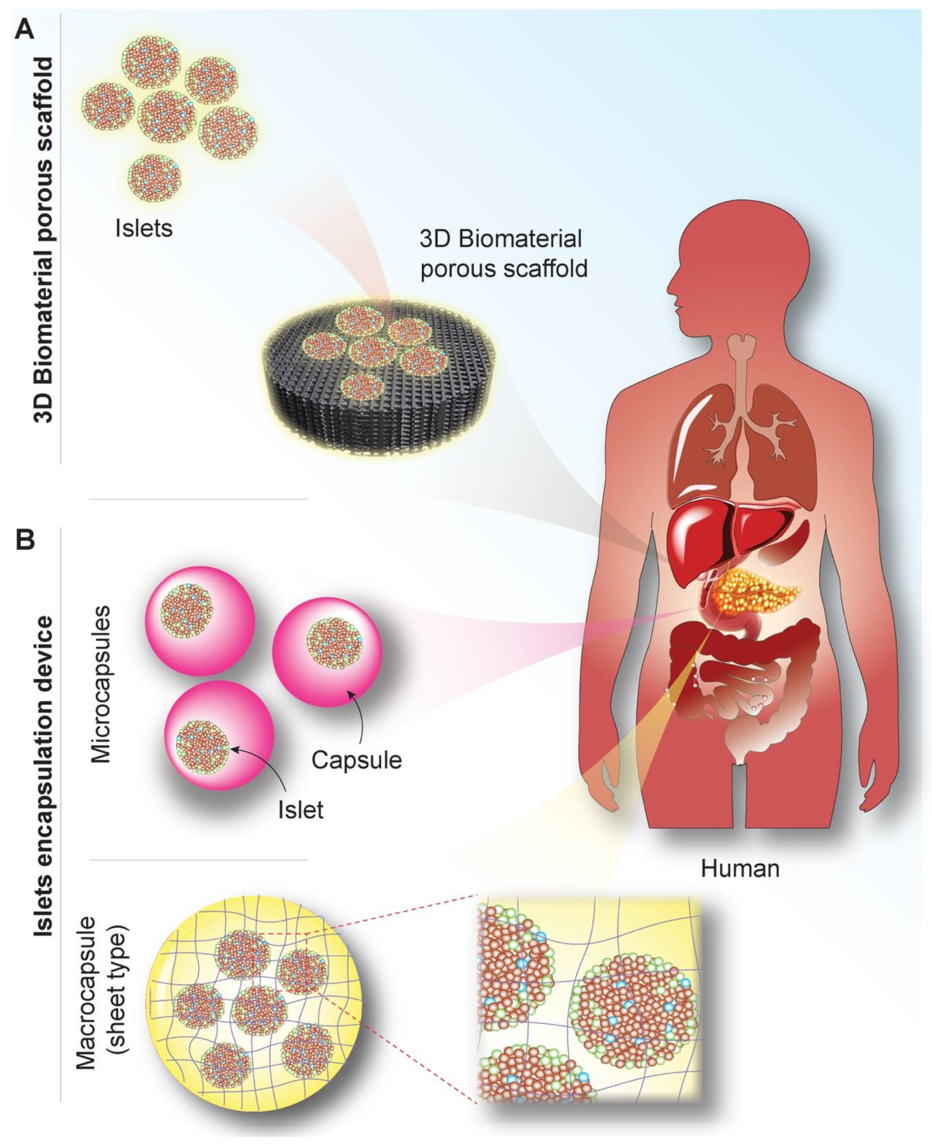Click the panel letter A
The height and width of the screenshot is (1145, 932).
pyautogui.click(x=24, y=29)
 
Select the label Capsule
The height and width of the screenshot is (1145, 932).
pyautogui.click(x=356, y=760)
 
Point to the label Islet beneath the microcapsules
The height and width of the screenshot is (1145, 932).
pyautogui.click(x=301, y=810)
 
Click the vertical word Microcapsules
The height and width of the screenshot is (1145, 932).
pyautogui.click(x=101, y=684)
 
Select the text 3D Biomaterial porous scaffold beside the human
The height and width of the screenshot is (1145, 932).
pyautogui.click(x=503, y=254)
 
